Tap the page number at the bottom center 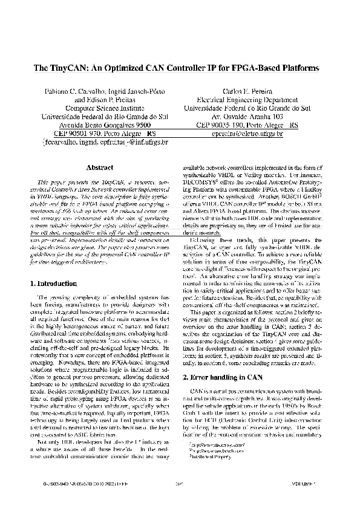click(180, 484)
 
